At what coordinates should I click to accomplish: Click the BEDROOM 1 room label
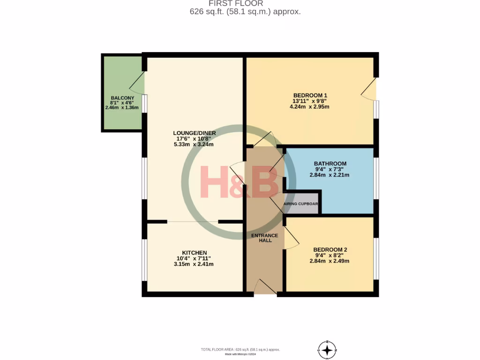[x=309, y=94]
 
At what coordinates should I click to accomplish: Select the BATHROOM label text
[x=330, y=164]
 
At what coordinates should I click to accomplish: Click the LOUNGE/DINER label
[x=194, y=133]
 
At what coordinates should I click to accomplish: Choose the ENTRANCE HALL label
[x=264, y=238]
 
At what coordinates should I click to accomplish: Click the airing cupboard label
[x=301, y=204]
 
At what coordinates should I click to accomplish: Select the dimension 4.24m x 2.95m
[x=309, y=106]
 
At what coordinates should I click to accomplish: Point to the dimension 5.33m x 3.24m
[x=194, y=144]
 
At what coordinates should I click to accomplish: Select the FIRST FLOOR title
[x=240, y=4]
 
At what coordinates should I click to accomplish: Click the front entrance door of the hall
[x=265, y=286]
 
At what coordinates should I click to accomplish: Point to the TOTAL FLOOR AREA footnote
[x=240, y=350]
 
